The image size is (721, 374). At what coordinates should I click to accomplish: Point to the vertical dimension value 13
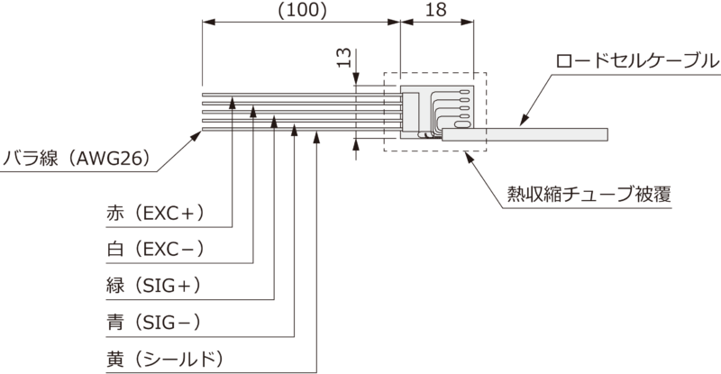[x=343, y=59]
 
